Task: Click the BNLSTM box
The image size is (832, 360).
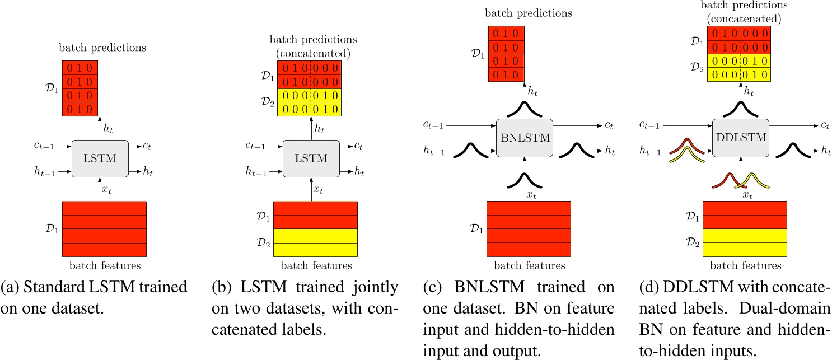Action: (524, 138)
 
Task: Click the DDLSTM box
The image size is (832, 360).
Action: (740, 138)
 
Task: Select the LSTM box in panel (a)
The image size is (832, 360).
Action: (101, 158)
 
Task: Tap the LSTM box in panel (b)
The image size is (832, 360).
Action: (311, 158)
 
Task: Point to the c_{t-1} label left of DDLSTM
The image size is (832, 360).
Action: (650, 127)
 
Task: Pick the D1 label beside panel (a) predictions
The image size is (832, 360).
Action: (54, 88)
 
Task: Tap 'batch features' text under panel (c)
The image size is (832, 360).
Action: (529, 265)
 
